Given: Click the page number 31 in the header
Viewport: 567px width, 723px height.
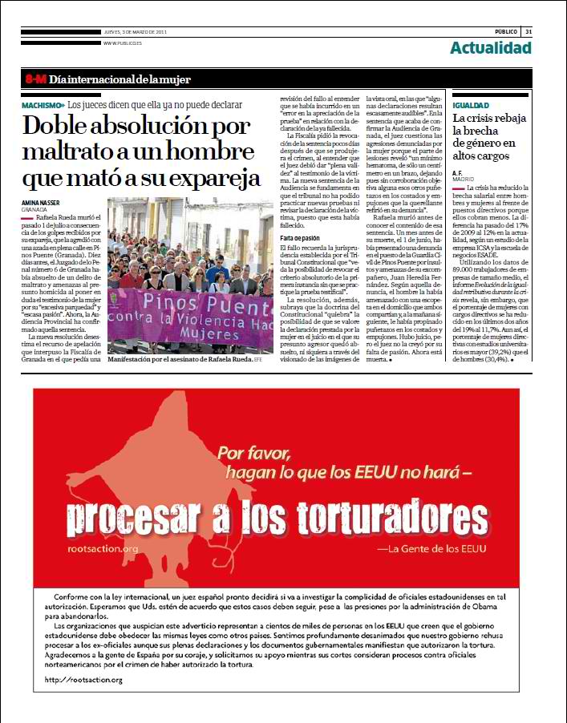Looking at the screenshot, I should click(x=529, y=31).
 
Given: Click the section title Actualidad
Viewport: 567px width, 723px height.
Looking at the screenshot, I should click(x=490, y=48).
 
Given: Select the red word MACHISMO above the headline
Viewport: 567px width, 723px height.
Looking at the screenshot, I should click(x=43, y=105).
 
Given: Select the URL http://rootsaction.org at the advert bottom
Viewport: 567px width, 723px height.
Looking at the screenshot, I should click(x=84, y=680).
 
